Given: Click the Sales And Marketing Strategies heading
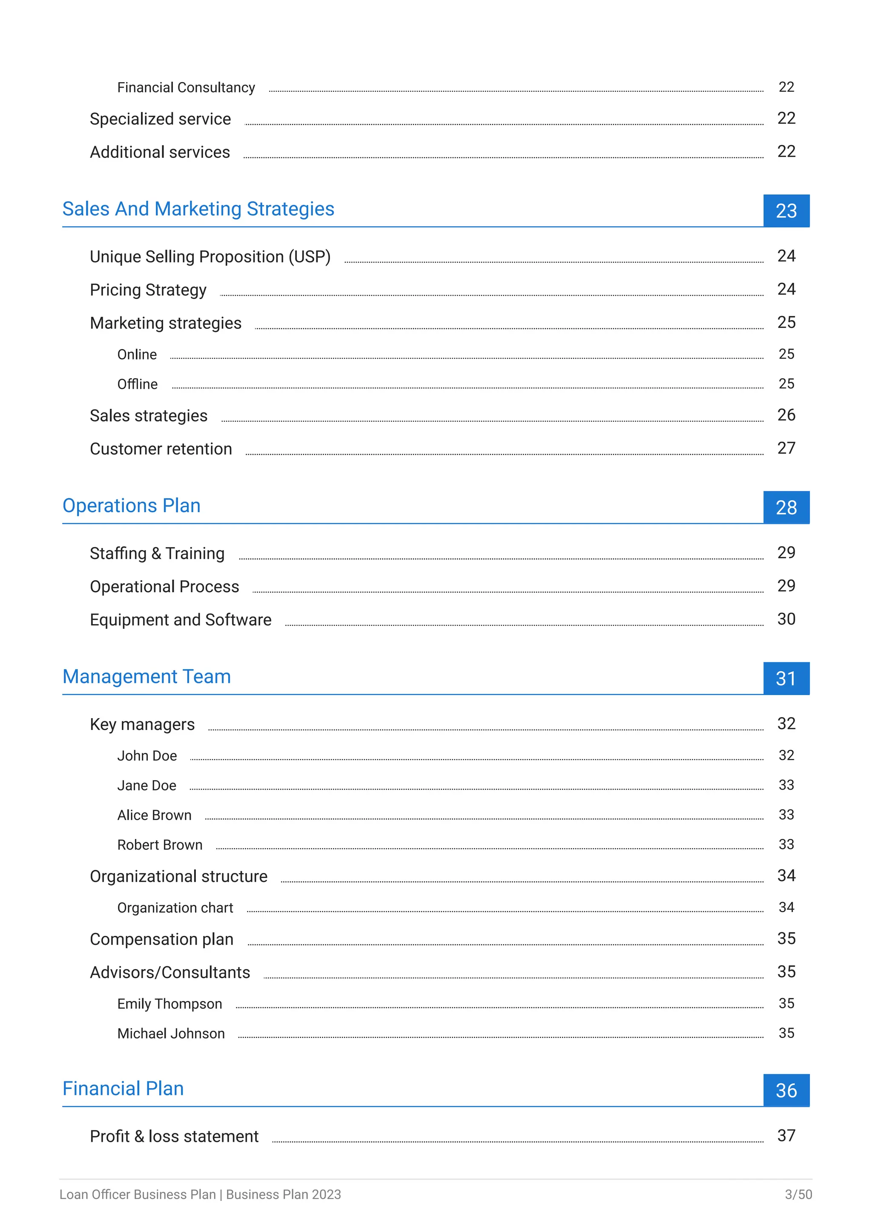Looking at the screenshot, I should pos(198,209).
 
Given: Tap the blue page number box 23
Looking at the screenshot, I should pos(786,211).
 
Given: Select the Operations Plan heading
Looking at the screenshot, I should pos(132,505).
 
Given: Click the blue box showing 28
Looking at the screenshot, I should pos(786,508).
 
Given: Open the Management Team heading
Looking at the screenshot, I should pos(146,677).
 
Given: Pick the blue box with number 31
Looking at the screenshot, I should pos(786,679).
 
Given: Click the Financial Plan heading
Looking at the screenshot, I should pos(123,1088).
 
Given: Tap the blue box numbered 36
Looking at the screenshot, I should pos(786,1090).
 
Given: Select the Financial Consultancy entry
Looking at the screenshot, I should pos(186,88).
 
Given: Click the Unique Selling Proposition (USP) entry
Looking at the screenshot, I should pos(210,257).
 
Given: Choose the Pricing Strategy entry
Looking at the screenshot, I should pos(148,290).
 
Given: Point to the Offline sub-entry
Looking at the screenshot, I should pos(138,384).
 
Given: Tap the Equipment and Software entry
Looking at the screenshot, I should pos(181,620).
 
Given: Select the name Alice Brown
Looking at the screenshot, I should pos(154,815).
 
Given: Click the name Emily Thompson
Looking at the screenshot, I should pos(170,1004).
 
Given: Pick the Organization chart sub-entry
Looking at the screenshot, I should pos(175,907).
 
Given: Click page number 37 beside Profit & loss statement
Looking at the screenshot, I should pos(786,1135).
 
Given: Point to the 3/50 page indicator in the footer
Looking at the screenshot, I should pos(798,1195).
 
